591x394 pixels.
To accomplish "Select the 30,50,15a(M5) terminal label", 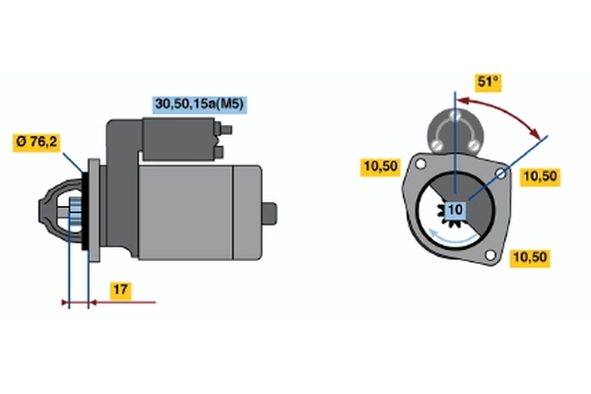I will click(197, 101).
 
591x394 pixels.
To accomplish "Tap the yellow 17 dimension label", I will click(118, 291).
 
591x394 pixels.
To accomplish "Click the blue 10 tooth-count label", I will click(455, 210).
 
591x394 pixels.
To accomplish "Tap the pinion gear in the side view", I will click(72, 210).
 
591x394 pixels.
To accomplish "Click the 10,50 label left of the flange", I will click(379, 166).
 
